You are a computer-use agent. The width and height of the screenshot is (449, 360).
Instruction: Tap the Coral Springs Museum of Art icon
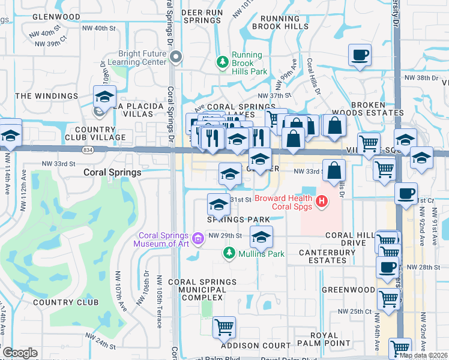(x=196, y=239)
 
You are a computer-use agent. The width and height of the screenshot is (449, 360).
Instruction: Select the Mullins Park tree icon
(x=228, y=254)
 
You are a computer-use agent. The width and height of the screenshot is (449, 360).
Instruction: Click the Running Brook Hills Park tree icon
(x=223, y=61)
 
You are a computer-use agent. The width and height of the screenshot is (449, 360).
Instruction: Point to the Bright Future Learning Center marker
(x=176, y=58)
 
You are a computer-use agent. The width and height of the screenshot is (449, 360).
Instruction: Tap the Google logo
(x=20, y=353)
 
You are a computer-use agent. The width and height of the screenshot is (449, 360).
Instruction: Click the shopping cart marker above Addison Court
(x=224, y=327)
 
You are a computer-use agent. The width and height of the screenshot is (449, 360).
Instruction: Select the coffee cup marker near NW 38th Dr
(x=360, y=55)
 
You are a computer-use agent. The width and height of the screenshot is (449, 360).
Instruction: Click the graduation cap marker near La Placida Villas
(x=104, y=96)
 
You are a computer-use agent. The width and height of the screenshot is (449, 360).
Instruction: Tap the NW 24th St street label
(x=104, y=345)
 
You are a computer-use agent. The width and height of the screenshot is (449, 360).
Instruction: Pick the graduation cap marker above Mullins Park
(x=261, y=237)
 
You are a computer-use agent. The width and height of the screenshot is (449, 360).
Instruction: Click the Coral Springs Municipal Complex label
(x=197, y=289)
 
